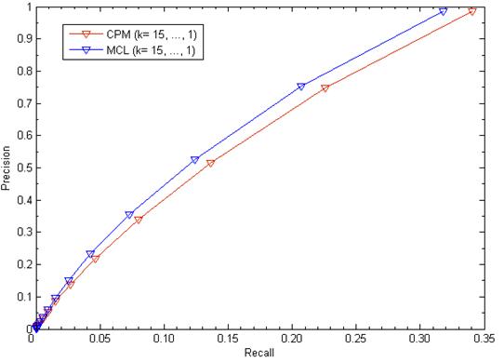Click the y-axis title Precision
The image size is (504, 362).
[7, 168]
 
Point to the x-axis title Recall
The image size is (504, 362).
[258, 355]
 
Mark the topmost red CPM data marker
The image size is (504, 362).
[472, 11]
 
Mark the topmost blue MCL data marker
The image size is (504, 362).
[443, 12]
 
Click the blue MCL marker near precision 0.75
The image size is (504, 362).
[300, 87]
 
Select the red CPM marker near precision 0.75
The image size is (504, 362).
[325, 88]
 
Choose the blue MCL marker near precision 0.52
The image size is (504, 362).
[194, 161]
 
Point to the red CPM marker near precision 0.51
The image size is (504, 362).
[210, 164]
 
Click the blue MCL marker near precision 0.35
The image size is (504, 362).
[129, 215]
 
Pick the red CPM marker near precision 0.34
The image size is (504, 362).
[139, 220]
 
